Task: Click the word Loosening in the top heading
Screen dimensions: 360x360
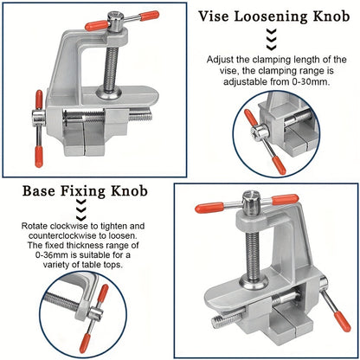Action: coord(275,16)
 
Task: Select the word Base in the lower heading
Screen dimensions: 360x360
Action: coord(44,191)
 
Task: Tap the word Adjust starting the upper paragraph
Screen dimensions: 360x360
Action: coord(222,60)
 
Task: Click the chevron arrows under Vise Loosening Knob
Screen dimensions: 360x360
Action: coord(272,39)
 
